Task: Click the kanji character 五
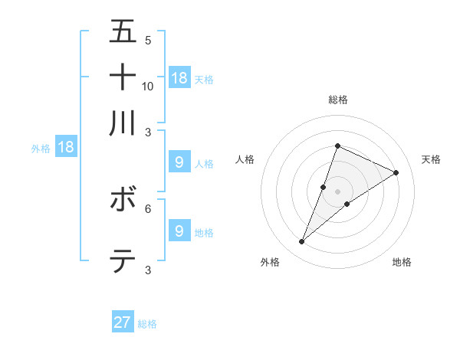(x=123, y=32)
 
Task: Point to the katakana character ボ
(x=123, y=200)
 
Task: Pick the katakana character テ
(x=123, y=261)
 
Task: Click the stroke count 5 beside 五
(x=148, y=41)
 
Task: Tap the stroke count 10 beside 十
(x=148, y=86)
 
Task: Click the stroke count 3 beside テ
(x=148, y=270)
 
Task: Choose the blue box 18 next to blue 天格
(x=179, y=78)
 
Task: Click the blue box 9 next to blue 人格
(x=179, y=162)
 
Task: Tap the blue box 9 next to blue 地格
(x=179, y=231)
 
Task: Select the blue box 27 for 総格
(x=123, y=323)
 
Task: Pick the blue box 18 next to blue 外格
(x=66, y=147)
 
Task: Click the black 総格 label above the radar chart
(x=338, y=100)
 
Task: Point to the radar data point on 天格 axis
(x=396, y=173)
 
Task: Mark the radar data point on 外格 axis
(x=302, y=242)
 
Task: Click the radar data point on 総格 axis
(x=337, y=146)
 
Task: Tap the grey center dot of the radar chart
(x=338, y=191)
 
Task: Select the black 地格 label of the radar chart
(x=402, y=263)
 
